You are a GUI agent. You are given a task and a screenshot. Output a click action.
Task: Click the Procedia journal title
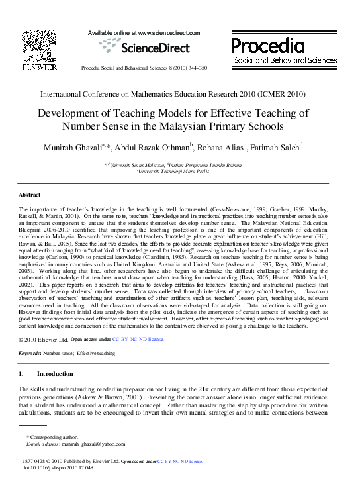coord(268,46)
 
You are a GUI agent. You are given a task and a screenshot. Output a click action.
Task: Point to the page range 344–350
coord(195,68)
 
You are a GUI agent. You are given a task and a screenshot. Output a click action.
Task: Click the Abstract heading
coord(29,195)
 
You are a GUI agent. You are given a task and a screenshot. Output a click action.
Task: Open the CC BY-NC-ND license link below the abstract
coord(138,339)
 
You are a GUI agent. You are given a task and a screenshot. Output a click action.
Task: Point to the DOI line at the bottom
coord(58,467)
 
